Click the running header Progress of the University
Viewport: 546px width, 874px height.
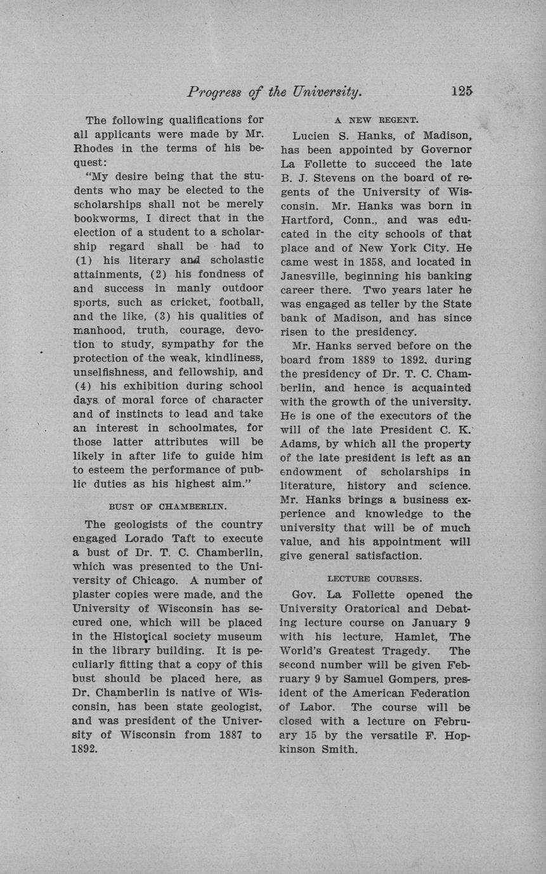point(275,92)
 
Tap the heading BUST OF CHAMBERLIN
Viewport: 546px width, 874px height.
point(168,507)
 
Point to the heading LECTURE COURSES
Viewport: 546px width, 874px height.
point(375,578)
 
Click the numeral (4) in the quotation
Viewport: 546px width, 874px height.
point(84,386)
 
